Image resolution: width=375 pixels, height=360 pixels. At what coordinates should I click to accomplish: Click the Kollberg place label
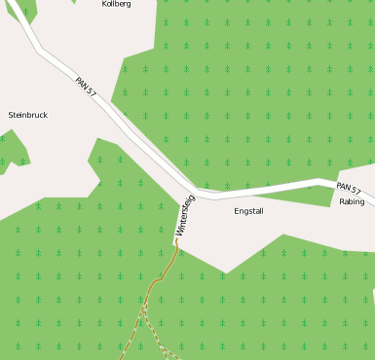coord(116,5)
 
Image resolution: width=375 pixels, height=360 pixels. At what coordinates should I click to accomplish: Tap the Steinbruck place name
coord(27,115)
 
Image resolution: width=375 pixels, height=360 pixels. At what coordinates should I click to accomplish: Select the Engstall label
coord(249,210)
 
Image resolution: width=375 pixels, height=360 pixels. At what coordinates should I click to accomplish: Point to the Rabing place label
coord(353,202)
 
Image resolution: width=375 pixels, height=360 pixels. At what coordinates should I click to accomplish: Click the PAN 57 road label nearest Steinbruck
coord(86,87)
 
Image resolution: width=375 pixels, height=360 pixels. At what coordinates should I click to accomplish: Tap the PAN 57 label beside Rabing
coord(349,188)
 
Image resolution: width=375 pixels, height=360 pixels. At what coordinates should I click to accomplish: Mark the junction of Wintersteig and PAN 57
coord(196,191)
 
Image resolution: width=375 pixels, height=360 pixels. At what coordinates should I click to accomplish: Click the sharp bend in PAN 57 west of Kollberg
coord(40,49)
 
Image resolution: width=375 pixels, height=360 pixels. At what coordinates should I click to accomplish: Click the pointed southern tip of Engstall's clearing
coord(226,272)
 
